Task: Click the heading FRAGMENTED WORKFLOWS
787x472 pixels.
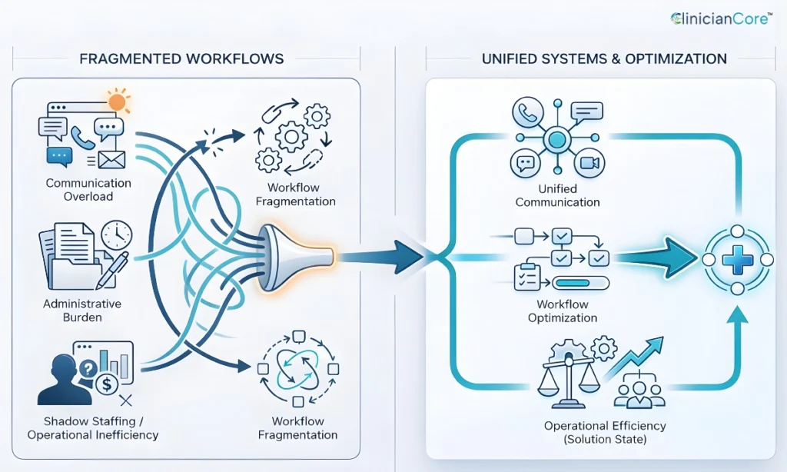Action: (181, 59)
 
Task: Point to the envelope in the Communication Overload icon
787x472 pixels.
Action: (111, 158)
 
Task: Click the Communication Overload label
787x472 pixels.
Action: (88, 190)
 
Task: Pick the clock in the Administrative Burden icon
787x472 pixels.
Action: (116, 236)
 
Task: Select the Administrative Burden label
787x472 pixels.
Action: (82, 311)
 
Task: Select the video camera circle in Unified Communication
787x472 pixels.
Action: (589, 162)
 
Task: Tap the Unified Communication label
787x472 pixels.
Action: (557, 195)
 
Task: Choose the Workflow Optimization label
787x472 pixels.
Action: (563, 311)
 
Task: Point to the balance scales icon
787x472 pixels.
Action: (569, 377)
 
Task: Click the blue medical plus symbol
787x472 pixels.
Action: (737, 261)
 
